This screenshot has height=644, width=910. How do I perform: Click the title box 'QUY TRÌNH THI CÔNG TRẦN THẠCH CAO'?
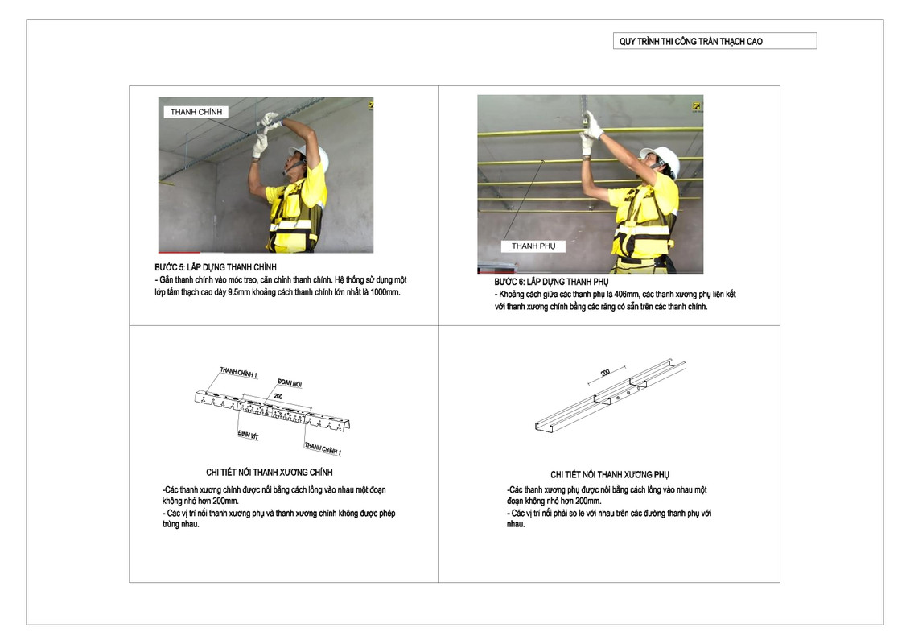[714, 41]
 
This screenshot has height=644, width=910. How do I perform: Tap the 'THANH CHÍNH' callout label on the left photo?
[196, 112]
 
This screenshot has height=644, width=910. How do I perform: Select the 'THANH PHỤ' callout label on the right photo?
[533, 246]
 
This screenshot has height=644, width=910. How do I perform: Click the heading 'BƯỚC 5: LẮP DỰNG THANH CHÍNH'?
[216, 267]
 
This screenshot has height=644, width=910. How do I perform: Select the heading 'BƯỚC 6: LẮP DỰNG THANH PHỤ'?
[551, 282]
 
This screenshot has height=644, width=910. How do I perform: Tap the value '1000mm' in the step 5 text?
[385, 292]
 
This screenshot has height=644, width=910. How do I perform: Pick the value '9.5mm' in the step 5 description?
[238, 292]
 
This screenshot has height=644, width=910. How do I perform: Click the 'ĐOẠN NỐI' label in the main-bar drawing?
[289, 382]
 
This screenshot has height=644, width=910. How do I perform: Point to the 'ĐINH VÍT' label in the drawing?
[248, 435]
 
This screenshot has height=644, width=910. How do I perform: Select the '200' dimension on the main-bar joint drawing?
[278, 397]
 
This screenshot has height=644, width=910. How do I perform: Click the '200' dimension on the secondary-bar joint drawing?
[605, 372]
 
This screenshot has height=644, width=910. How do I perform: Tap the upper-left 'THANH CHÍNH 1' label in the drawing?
[238, 372]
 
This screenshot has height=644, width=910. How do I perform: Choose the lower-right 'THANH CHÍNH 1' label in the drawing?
[323, 449]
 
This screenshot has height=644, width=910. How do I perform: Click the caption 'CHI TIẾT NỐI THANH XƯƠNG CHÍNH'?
[270, 472]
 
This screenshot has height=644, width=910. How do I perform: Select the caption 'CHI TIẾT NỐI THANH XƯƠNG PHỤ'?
[610, 474]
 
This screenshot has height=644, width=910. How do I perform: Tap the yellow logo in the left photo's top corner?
[370, 105]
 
